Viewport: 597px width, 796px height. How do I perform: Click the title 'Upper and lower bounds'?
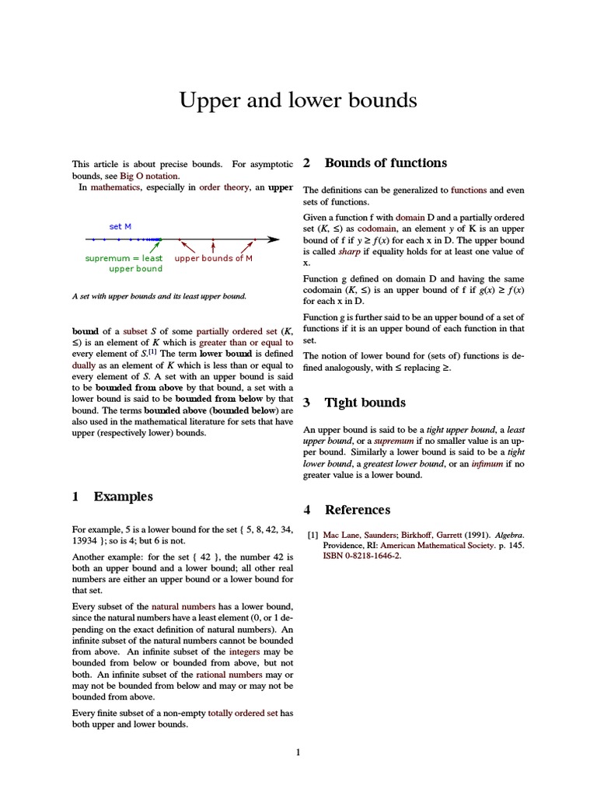coord(298,101)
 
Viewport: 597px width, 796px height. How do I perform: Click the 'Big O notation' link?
coord(148,176)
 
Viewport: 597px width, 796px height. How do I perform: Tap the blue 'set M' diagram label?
coord(120,226)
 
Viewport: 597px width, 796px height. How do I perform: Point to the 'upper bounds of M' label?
coord(214,258)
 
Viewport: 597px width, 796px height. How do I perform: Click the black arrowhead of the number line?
coord(273,239)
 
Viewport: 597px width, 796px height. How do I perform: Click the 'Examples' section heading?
coord(123,497)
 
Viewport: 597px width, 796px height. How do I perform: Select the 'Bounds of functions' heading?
coord(386,163)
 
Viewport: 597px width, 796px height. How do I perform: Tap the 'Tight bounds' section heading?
coord(365,403)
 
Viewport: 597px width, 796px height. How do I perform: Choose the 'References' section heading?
coord(358,510)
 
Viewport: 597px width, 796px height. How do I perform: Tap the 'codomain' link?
coord(379,229)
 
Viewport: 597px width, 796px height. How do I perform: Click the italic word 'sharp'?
coord(349,252)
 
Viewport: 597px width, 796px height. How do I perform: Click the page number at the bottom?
coord(298,752)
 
